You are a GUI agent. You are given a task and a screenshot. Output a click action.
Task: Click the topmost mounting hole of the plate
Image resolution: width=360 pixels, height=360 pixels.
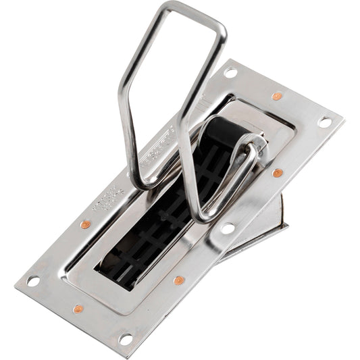pos(231,72)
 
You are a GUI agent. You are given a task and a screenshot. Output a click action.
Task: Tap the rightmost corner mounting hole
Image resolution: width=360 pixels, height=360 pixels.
pos(325,122)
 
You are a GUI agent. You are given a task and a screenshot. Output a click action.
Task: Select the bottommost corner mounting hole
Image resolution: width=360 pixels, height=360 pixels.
pos(126,338)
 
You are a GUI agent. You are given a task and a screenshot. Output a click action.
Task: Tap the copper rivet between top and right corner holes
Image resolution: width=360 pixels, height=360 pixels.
pos(277,96)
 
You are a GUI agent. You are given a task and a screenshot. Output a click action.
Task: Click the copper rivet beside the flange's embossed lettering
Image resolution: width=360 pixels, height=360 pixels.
pos(85,224)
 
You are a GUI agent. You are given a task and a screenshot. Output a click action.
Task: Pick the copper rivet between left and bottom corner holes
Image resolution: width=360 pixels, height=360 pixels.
pos(78,309)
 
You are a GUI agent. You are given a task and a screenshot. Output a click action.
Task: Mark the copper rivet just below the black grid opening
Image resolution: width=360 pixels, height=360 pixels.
pos(178,280)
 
